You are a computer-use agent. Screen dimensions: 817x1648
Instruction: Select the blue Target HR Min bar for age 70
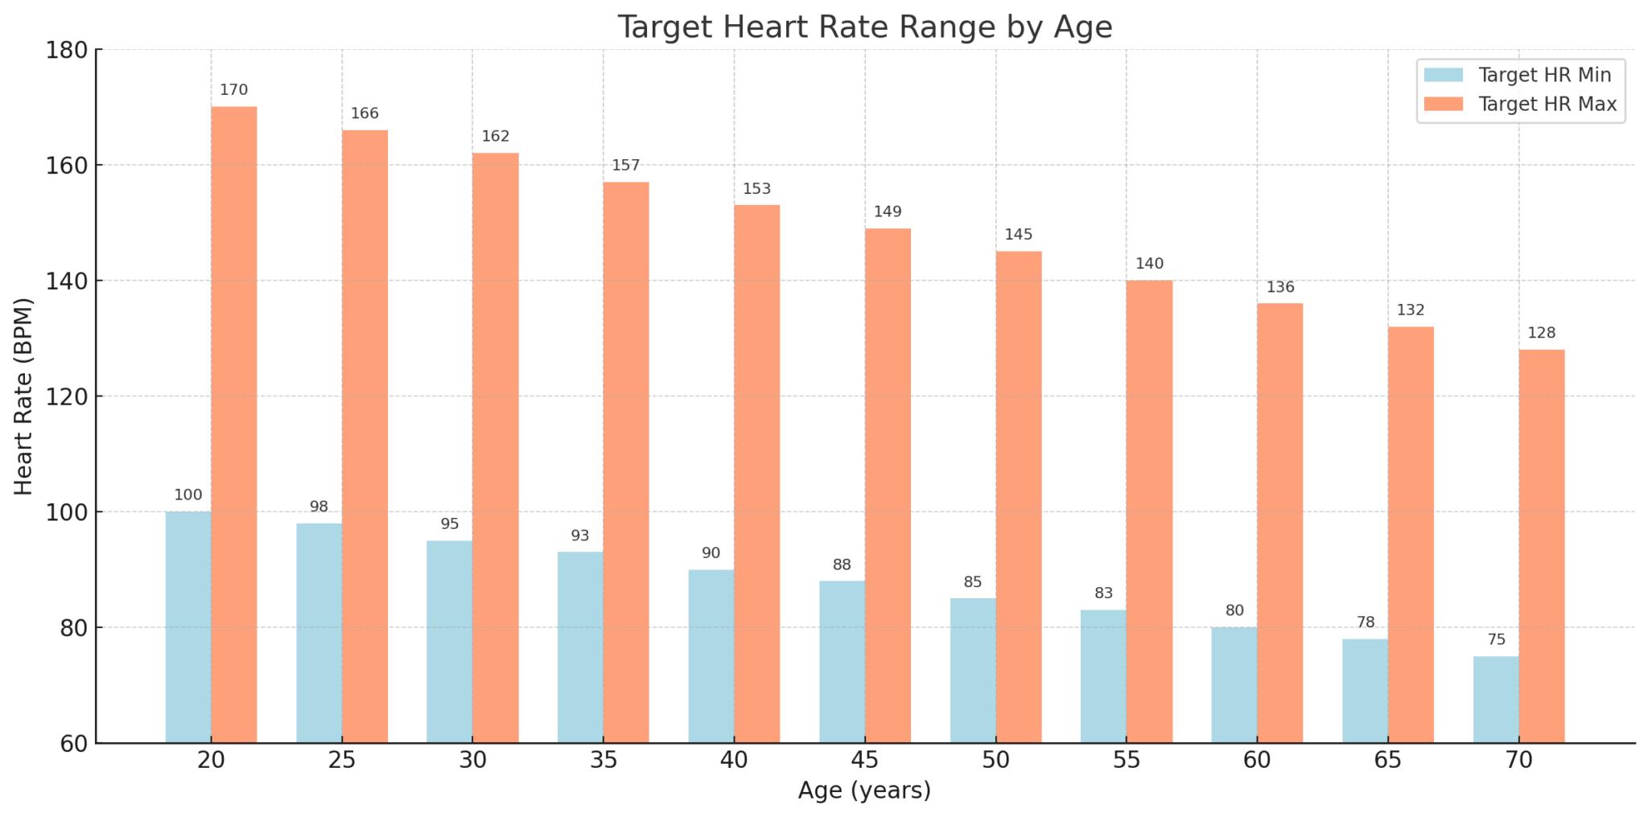(x=1496, y=699)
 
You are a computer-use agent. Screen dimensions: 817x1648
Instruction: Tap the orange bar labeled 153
(x=756, y=474)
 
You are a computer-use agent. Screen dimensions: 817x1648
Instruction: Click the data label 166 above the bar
(x=365, y=114)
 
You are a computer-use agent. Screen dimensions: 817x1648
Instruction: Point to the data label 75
(x=1496, y=640)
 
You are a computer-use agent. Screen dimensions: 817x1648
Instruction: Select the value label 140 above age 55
(x=1149, y=264)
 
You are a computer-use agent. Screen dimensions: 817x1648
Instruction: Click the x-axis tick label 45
(x=865, y=760)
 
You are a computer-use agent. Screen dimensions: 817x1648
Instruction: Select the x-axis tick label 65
(x=1388, y=760)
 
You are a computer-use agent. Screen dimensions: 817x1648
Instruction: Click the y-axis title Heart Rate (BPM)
(x=24, y=396)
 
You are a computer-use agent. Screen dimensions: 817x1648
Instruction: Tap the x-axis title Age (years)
(x=864, y=791)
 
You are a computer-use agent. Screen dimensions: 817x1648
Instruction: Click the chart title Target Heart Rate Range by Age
(x=864, y=27)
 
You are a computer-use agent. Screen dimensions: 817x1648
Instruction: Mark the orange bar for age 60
(x=1279, y=523)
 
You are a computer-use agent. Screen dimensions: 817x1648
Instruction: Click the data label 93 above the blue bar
(x=580, y=536)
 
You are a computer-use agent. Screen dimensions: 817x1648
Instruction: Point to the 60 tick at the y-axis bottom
(x=75, y=744)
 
